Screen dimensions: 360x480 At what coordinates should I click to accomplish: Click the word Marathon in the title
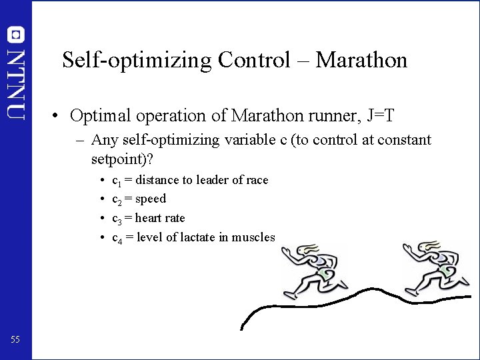click(361, 61)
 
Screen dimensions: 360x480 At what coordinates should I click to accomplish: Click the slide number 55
click(15, 340)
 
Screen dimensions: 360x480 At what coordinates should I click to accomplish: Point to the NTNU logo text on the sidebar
click(15, 83)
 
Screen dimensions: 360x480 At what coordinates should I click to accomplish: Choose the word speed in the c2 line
click(151, 199)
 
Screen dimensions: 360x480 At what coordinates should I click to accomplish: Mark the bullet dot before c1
click(100, 181)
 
